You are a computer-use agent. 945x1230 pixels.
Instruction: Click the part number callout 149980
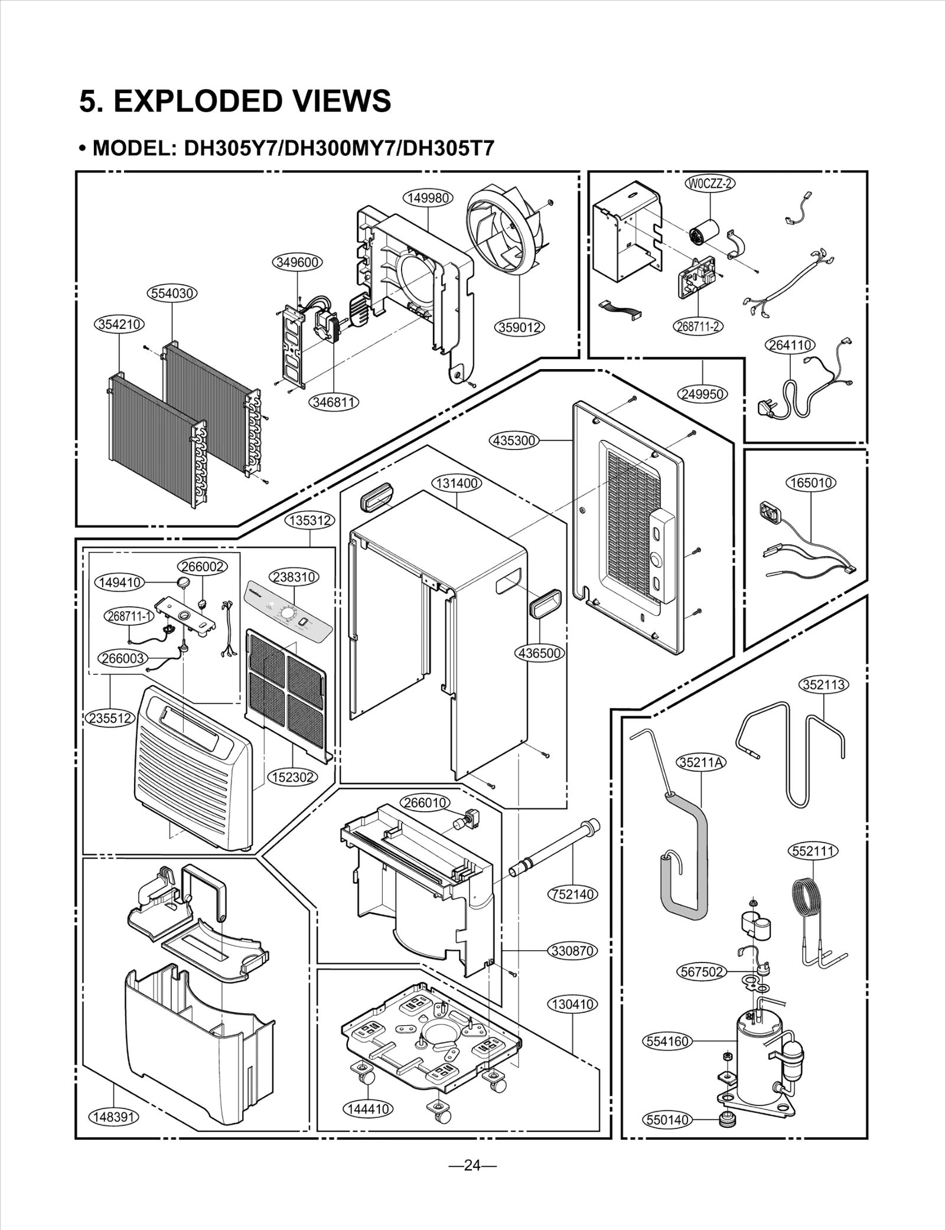click(x=428, y=198)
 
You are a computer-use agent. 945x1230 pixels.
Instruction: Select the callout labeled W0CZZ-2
click(x=709, y=183)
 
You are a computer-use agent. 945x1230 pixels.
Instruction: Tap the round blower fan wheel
click(x=509, y=225)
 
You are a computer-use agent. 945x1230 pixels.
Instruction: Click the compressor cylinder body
click(x=757, y=1057)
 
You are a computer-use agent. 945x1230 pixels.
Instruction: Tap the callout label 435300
click(x=514, y=440)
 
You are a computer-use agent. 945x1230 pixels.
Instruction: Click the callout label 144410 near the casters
click(x=368, y=1109)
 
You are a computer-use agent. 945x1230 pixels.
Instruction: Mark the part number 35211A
click(x=701, y=762)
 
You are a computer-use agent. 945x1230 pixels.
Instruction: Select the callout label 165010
click(x=811, y=482)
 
